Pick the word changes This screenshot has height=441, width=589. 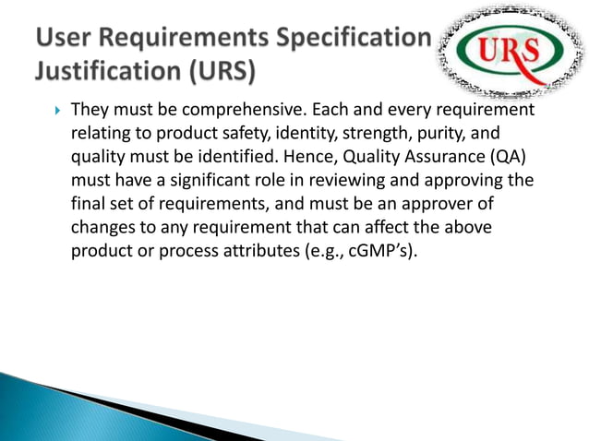click(x=103, y=226)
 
